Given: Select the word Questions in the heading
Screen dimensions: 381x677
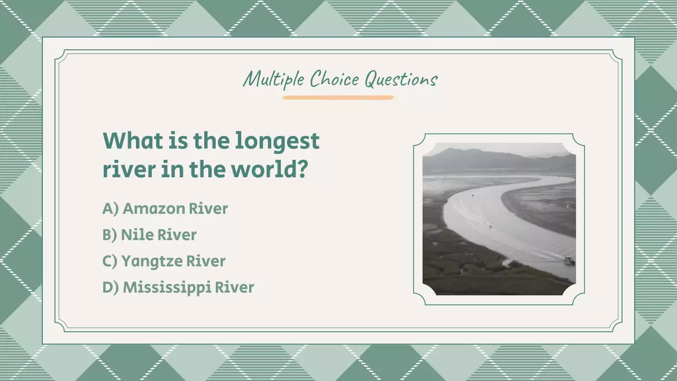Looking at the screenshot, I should coord(401,80).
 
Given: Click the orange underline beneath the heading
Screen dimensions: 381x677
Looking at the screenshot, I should coord(338,97).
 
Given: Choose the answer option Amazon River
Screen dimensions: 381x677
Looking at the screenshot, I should coord(175,208).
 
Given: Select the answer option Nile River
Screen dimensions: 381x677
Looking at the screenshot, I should coord(159,235).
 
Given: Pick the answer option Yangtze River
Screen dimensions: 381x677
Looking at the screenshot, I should coord(173,261).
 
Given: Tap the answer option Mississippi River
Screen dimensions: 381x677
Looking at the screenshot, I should coord(188,288).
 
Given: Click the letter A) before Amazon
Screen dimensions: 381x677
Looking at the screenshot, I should coord(110,208).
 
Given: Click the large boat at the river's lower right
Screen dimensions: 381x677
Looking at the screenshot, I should coord(569,260).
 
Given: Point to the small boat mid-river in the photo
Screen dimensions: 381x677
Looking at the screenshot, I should coord(490,226).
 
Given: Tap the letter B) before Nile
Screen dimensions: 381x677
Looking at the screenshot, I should coord(109,235).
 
